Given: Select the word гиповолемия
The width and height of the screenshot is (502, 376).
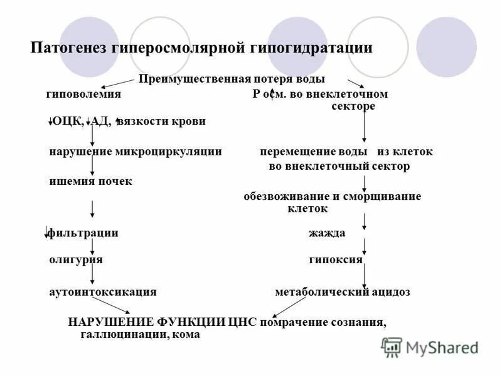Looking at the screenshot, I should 83,94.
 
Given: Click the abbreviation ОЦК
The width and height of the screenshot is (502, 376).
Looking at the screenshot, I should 69,121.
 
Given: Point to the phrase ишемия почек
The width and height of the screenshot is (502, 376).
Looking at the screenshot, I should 90,181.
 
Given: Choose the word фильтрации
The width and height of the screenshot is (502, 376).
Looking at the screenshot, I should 83,233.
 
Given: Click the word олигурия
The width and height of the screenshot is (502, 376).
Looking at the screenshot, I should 76,259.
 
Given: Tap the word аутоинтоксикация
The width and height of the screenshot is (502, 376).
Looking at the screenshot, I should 102,292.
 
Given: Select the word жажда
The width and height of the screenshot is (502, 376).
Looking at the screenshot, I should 326,233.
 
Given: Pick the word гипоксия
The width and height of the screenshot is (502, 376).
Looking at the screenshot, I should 335,259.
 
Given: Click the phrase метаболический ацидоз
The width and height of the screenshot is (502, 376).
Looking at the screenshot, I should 343,292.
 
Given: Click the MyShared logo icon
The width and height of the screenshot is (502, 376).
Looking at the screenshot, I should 392,347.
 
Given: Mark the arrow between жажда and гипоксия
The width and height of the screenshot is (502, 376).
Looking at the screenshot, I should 365,246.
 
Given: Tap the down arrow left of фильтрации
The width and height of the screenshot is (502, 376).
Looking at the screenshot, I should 46,232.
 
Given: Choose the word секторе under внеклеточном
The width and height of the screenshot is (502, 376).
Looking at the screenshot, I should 353,106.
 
